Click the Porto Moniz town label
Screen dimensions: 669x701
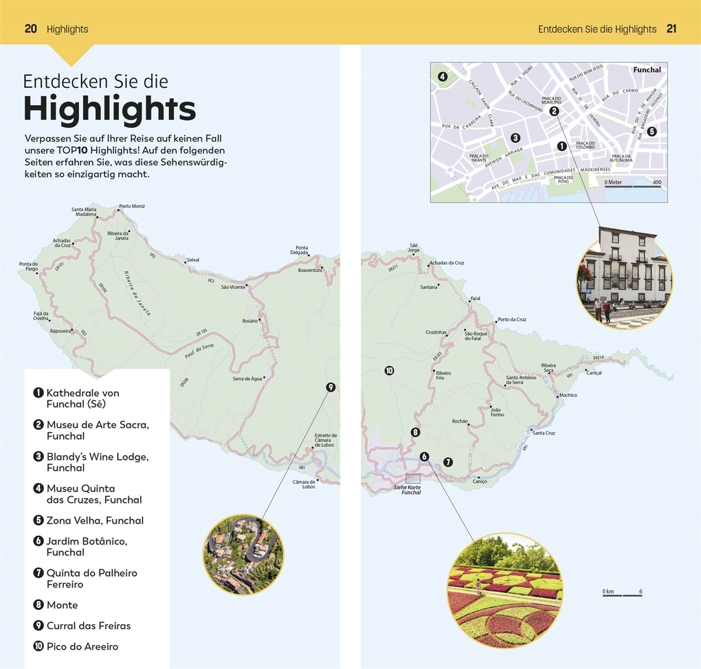[132, 206]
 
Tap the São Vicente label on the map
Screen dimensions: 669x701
[232, 287]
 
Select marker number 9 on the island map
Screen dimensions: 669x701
[330, 387]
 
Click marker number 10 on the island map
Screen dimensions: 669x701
[389, 371]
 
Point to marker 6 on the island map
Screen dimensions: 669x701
[424, 456]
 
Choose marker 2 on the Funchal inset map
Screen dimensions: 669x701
[555, 111]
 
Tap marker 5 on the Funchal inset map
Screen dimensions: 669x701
[652, 132]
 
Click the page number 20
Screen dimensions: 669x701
[30, 29]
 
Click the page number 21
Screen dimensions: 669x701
[671, 29]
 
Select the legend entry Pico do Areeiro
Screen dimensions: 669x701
[82, 646]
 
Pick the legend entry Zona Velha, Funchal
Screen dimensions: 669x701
[95, 520]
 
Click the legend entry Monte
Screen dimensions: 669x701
[62, 605]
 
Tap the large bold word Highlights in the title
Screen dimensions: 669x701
[110, 109]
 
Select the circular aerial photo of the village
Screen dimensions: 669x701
[243, 554]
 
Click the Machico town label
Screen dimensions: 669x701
[568, 395]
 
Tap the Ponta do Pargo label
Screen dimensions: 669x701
[28, 267]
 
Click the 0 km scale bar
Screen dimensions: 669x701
[622, 594]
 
